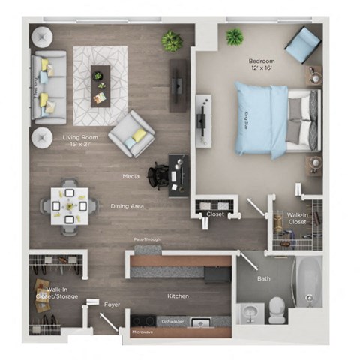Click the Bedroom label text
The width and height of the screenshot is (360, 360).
coord(263,61)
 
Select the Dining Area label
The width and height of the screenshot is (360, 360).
coord(127,206)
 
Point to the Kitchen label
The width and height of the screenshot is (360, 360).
coord(178,295)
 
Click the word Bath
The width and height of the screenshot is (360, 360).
coord(263,278)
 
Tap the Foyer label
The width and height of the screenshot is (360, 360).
coord(112,304)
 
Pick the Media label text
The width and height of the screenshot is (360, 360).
coord(131,176)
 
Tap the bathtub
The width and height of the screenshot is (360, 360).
coord(307,283)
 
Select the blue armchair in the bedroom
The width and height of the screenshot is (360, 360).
coord(302,45)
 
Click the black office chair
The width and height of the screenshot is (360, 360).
coord(160,175)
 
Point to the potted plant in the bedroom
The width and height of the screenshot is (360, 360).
coord(235,35)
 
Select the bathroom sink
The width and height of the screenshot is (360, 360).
coord(250,312)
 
